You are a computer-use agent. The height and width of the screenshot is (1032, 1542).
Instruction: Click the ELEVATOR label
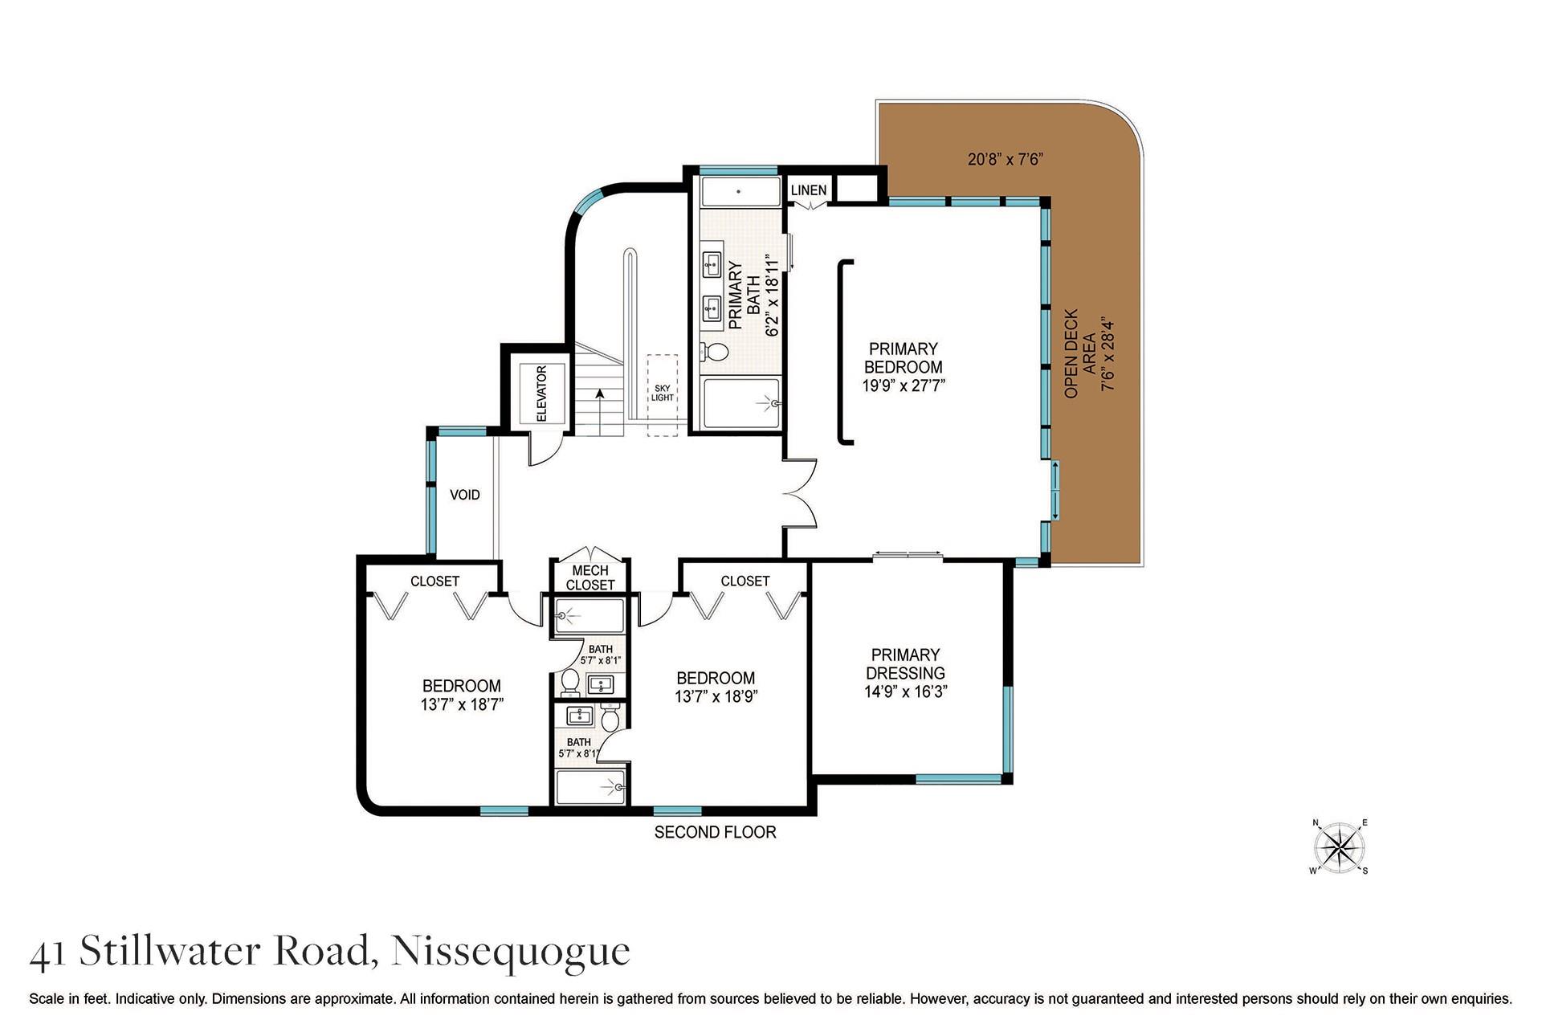click(x=541, y=394)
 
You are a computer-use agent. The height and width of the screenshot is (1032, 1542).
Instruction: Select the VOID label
click(x=464, y=495)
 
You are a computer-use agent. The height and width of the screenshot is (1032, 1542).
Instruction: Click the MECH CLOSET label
click(x=590, y=577)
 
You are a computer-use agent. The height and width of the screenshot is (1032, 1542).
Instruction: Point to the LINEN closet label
click(x=808, y=190)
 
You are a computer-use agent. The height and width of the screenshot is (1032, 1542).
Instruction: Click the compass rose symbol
click(x=1339, y=847)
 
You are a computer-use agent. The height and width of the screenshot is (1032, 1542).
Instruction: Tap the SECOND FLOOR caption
click(x=715, y=832)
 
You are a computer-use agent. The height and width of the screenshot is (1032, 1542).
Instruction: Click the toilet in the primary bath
click(x=714, y=351)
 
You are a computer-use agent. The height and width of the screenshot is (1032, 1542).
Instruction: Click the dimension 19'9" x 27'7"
click(x=904, y=385)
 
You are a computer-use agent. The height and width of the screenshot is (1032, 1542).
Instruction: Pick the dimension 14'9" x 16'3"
click(x=905, y=691)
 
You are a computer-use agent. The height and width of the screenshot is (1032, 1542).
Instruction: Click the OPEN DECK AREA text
click(x=1080, y=353)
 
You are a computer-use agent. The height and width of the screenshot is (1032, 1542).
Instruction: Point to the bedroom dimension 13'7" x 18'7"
click(x=461, y=705)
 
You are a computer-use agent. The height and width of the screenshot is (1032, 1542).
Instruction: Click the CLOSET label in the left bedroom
click(x=434, y=581)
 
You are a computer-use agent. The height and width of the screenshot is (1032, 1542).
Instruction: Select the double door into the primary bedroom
click(x=801, y=492)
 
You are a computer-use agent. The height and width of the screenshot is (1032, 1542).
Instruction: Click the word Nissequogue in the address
click(x=510, y=952)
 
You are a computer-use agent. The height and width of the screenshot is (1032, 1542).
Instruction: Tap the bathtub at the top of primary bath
click(x=739, y=192)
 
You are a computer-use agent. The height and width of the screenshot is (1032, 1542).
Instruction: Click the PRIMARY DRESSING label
click(x=905, y=664)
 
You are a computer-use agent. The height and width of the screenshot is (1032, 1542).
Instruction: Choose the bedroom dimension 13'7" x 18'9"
click(x=716, y=696)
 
